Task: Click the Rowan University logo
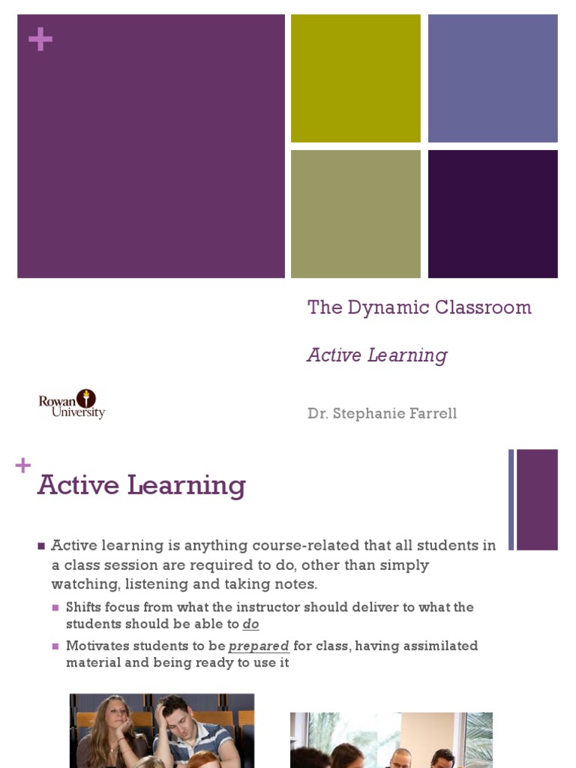[72, 403]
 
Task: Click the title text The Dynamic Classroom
[419, 307]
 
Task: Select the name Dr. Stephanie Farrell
[382, 413]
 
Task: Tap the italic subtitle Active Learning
[376, 355]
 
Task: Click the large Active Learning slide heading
[142, 485]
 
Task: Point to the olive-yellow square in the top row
[355, 78]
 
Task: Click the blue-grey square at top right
[493, 78]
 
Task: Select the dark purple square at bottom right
[493, 214]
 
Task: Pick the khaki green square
[355, 214]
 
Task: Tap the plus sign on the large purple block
[40, 40]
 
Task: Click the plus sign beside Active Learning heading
[22, 466]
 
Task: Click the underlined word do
[250, 624]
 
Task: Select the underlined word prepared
[259, 646]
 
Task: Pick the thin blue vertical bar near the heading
[511, 499]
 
